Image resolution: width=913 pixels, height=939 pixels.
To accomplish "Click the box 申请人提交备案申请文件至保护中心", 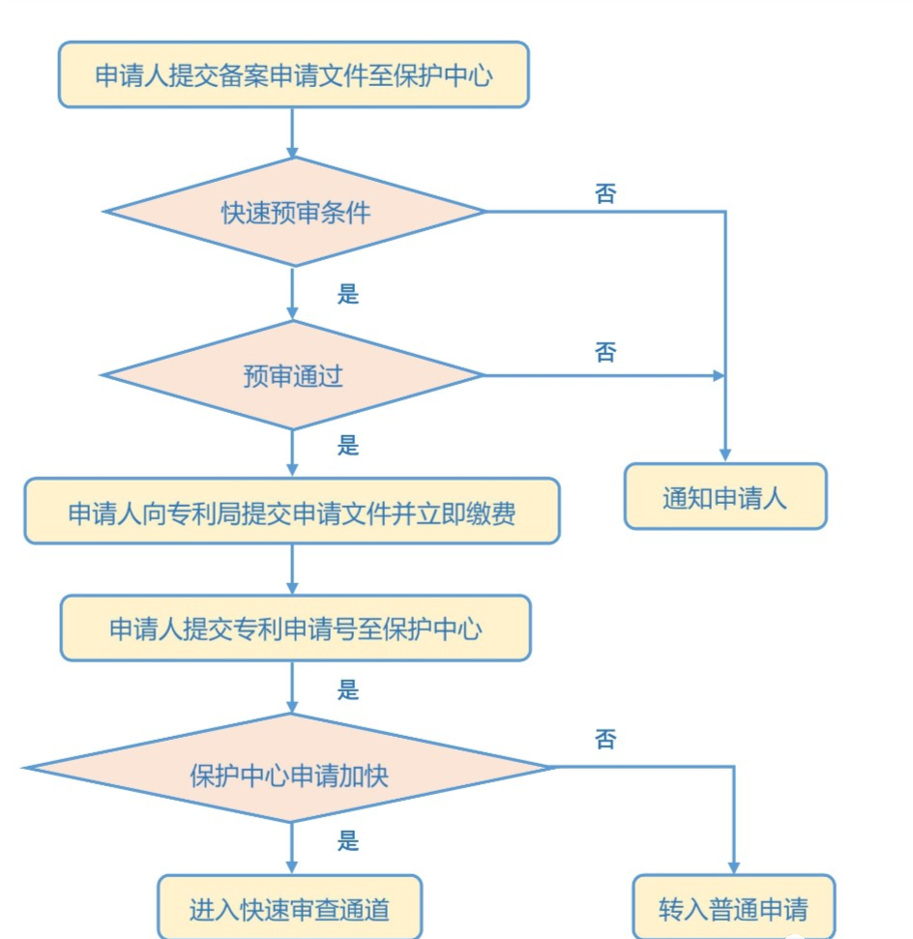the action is click(x=294, y=74).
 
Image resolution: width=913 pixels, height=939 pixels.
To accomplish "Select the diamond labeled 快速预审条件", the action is click(x=294, y=212).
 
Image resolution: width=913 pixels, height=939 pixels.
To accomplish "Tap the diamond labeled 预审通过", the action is click(x=292, y=375).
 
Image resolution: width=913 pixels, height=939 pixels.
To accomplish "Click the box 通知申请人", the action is click(x=725, y=496).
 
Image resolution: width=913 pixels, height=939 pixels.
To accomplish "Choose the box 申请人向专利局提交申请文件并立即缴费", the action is click(x=292, y=511).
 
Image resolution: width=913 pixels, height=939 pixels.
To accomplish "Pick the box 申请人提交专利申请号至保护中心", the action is click(x=295, y=629).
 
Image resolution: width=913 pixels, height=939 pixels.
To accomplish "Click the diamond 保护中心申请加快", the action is click(x=290, y=768).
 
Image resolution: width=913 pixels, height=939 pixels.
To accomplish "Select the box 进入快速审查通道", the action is click(x=290, y=907).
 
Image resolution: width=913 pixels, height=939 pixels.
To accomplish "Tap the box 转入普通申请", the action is click(x=734, y=907).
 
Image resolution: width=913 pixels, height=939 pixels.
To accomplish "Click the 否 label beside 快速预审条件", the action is click(x=605, y=193).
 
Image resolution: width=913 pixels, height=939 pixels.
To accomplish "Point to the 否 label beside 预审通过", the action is click(x=605, y=352).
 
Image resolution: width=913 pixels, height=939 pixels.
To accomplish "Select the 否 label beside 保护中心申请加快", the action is click(x=605, y=739).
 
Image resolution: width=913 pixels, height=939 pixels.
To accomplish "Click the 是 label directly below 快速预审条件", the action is click(x=348, y=294).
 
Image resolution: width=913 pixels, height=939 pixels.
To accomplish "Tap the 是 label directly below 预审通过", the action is click(x=348, y=446).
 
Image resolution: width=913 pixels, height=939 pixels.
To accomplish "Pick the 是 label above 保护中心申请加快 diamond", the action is click(x=348, y=690).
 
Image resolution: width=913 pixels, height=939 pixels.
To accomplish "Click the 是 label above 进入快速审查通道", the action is click(x=348, y=840).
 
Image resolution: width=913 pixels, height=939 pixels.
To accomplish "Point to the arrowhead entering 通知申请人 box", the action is click(x=725, y=456).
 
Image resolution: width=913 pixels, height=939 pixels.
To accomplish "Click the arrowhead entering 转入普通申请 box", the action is click(x=734, y=868).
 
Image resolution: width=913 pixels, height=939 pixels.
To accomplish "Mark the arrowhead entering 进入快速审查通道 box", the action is click(x=292, y=868).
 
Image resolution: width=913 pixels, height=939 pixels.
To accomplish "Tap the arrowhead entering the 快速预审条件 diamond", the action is click(x=292, y=153).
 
